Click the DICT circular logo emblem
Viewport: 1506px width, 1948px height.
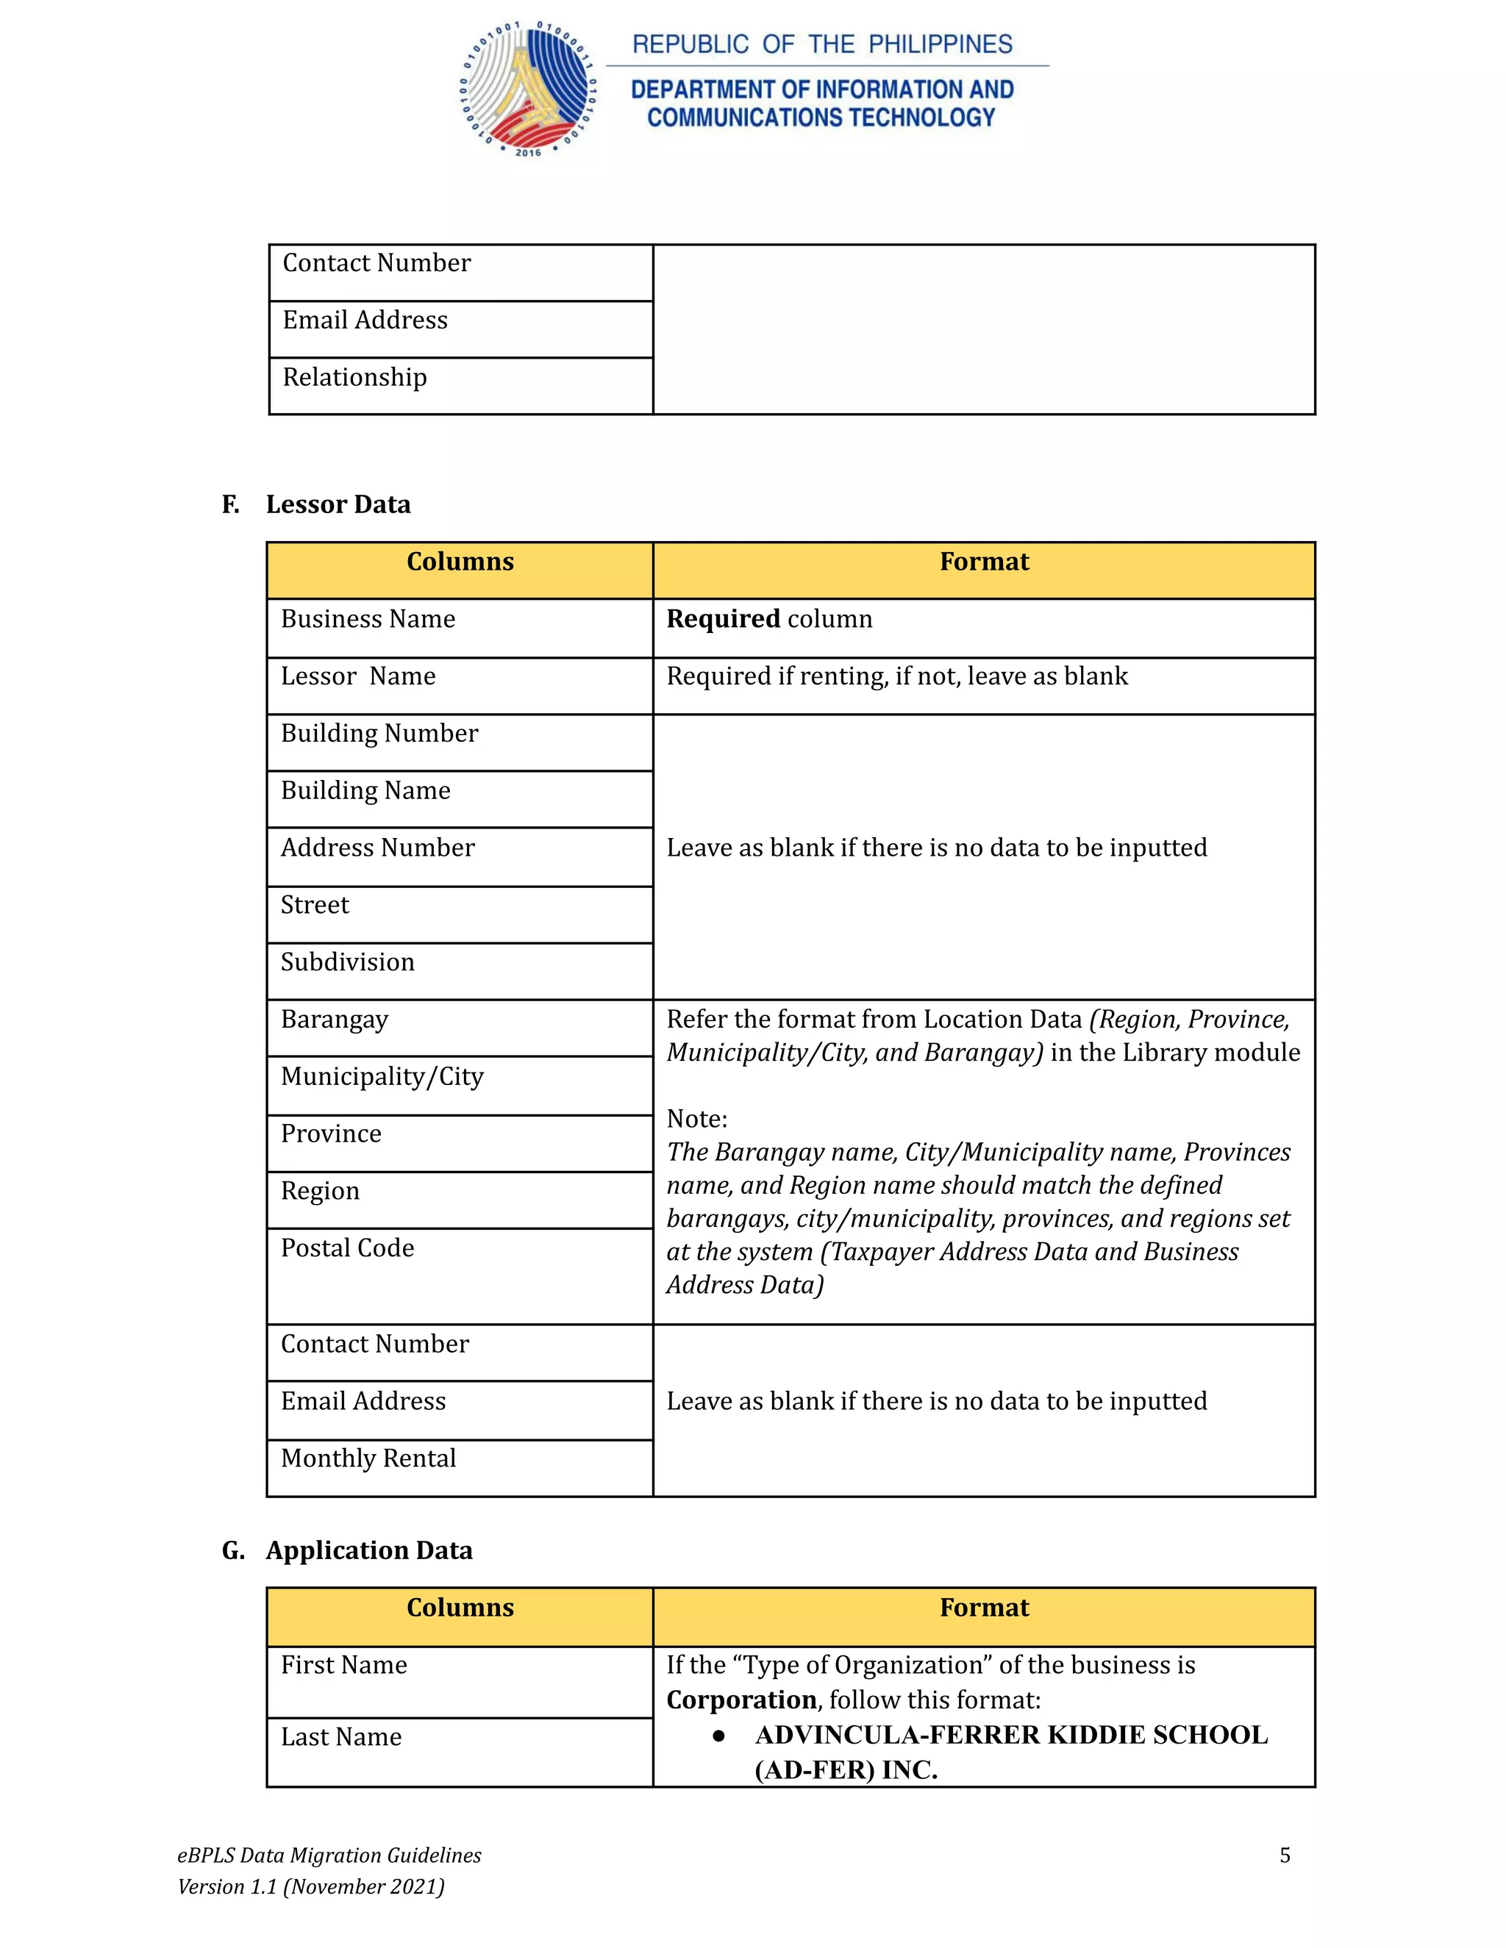click(527, 89)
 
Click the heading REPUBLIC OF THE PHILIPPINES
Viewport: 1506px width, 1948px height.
click(821, 45)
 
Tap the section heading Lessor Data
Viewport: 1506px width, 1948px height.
click(338, 505)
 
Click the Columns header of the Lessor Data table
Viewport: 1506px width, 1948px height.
click(460, 562)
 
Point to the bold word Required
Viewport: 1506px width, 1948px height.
click(723, 619)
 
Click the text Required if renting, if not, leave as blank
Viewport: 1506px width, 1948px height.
click(896, 676)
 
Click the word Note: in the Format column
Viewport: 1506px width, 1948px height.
click(697, 1119)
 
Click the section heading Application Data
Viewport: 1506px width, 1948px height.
click(368, 1550)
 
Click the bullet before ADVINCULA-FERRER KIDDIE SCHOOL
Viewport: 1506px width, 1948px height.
click(718, 1736)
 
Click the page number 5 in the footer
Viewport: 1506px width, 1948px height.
click(1284, 1855)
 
